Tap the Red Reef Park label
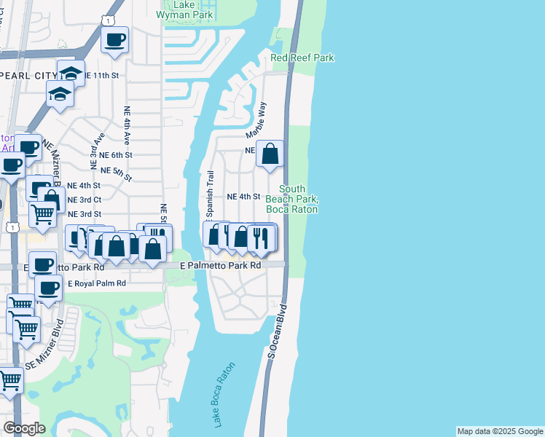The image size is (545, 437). click(x=302, y=57)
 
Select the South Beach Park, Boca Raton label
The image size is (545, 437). click(x=291, y=199)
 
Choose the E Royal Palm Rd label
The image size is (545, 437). click(x=96, y=283)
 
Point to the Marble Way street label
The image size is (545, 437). click(x=256, y=120)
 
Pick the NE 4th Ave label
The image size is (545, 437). click(x=127, y=125)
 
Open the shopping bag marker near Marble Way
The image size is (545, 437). click(x=270, y=154)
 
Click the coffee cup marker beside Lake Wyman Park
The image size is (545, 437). click(x=114, y=40)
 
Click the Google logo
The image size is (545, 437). click(x=24, y=428)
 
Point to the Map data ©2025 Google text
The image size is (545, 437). click(x=500, y=431)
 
